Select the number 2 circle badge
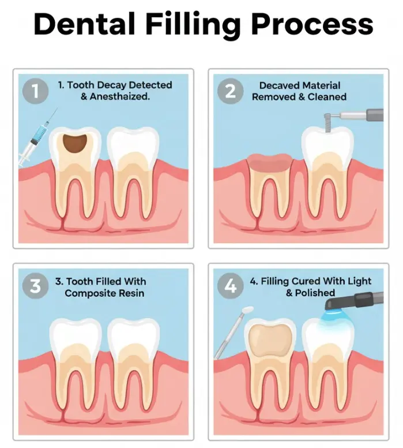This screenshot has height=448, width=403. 230,91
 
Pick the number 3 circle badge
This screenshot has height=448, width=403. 35,286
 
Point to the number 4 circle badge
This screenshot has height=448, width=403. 230,286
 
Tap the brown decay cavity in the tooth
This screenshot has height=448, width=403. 75,142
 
